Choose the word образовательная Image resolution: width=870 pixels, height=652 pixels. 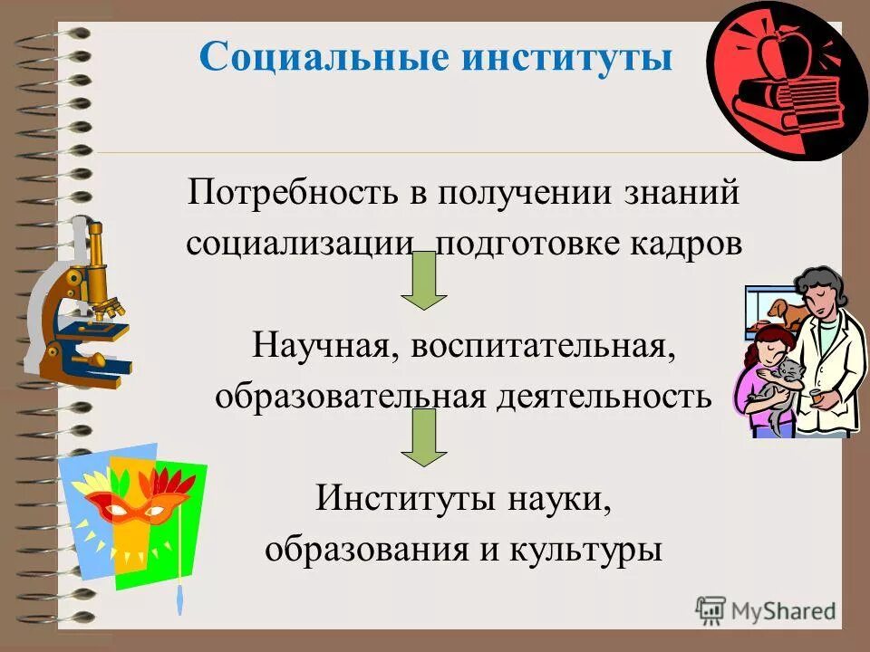(x=349, y=397)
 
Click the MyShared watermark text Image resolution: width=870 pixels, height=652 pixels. (x=784, y=609)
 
